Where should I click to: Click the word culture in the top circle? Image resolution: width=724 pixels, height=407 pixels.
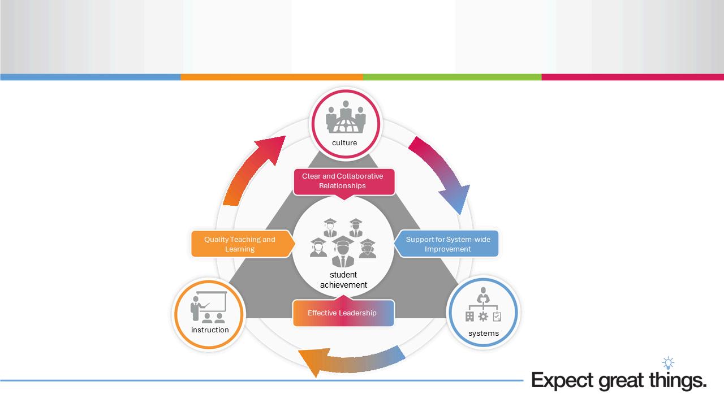(344, 143)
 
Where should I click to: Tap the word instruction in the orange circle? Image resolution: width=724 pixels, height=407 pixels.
(210, 330)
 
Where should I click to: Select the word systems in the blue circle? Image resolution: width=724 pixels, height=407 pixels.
(484, 334)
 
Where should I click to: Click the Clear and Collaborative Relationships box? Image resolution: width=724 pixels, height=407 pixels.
(343, 181)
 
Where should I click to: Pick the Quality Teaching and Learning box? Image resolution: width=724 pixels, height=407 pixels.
(240, 244)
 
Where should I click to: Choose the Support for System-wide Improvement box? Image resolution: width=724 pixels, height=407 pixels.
(448, 244)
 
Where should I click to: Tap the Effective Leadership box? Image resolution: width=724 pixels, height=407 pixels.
(342, 313)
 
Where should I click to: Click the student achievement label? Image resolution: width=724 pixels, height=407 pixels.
(343, 280)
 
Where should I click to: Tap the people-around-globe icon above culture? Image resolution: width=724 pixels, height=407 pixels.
(346, 117)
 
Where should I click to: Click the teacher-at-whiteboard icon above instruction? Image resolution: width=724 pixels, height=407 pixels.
(208, 308)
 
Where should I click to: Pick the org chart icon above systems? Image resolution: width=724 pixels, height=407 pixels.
(483, 306)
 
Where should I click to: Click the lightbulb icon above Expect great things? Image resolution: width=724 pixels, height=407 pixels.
(669, 362)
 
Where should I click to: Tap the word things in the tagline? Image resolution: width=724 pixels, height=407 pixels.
(678, 380)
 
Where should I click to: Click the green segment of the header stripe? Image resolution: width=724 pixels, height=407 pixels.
(452, 77)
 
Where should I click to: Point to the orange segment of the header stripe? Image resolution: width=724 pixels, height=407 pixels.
(271, 77)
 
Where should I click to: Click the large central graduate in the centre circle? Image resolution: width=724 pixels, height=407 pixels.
(343, 252)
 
